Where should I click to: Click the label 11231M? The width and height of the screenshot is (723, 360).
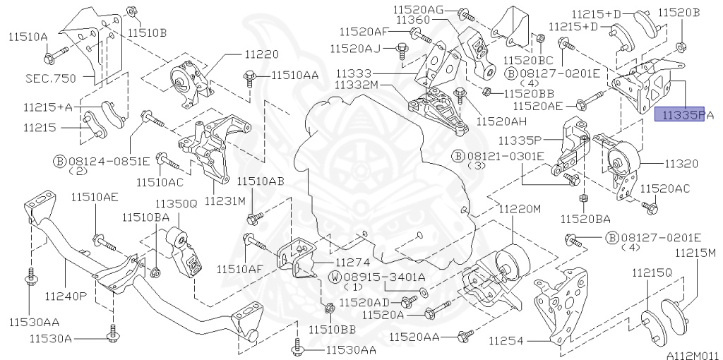(x=225, y=200)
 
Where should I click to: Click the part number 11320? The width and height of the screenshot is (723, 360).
(x=681, y=163)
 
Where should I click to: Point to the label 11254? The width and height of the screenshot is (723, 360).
(x=506, y=340)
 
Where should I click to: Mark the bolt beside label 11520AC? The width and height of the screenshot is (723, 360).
(x=649, y=207)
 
